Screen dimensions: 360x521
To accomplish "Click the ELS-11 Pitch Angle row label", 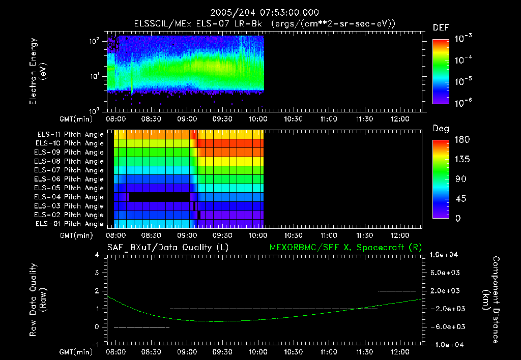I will tap(70, 134).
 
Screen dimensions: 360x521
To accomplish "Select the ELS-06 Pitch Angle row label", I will tap(70, 179).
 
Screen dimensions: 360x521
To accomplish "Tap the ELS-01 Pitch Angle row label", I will tap(70, 224).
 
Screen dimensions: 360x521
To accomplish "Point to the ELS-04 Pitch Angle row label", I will tap(70, 197).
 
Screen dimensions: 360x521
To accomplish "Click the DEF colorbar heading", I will tap(440, 27).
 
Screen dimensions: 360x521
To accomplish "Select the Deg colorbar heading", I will tap(441, 128).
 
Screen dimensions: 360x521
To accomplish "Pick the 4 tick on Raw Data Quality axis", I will tap(97, 255).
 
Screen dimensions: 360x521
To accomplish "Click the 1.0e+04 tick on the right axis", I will tap(446, 255).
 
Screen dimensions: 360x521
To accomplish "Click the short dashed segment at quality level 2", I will tap(397, 291).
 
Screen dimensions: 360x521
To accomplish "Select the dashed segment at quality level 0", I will tap(141, 327).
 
